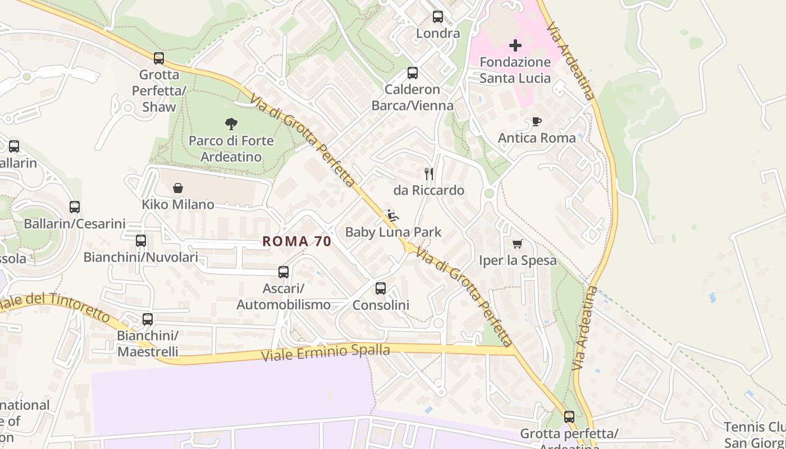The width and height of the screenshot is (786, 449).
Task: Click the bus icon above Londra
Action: [x=438, y=17]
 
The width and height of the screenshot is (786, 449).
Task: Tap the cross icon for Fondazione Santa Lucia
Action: [x=515, y=45]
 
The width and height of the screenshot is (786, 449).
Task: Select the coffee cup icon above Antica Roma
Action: [x=537, y=121]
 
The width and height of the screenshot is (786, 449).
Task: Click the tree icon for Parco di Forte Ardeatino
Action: [x=231, y=124]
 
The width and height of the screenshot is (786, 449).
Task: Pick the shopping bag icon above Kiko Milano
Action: [x=178, y=188]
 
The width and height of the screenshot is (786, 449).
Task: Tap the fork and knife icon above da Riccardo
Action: [x=429, y=174]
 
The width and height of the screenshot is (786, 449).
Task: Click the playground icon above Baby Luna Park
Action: [x=392, y=216]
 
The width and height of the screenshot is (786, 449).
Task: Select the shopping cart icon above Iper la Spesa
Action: [x=517, y=244]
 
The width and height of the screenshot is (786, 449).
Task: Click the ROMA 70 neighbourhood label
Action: [x=297, y=241]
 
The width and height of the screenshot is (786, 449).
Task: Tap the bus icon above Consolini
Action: [x=381, y=288]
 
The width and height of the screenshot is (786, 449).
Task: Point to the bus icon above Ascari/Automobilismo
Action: [x=284, y=272]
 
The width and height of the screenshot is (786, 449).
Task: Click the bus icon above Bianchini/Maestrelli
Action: [x=148, y=319]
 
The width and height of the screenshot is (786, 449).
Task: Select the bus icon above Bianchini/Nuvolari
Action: [x=141, y=241]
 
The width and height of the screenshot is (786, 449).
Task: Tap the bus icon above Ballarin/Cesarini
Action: [x=75, y=207]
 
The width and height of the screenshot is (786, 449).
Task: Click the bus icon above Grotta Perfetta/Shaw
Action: [x=159, y=58]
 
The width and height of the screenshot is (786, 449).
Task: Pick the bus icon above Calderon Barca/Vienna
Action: [x=413, y=72]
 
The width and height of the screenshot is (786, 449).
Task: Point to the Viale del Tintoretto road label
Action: [x=56, y=306]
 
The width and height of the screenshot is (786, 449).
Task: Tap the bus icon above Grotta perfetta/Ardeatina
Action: [x=569, y=417]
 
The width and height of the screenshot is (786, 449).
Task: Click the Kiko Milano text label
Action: [x=178, y=204]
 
